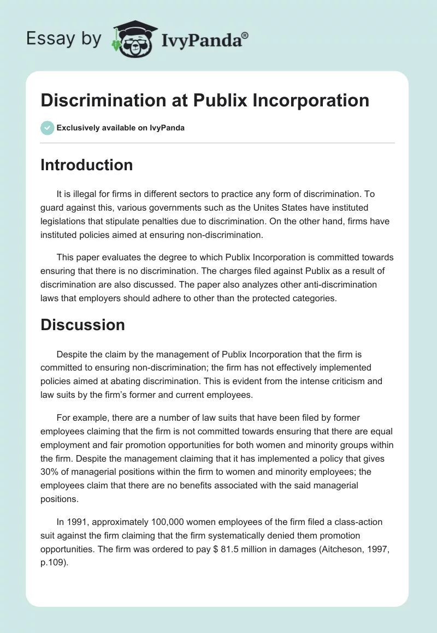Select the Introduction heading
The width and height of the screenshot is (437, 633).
tap(86, 165)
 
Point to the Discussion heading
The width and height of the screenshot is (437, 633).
tap(82, 325)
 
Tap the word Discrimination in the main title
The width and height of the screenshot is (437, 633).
tap(94, 100)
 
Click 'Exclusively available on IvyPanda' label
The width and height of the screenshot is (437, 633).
tap(120, 128)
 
